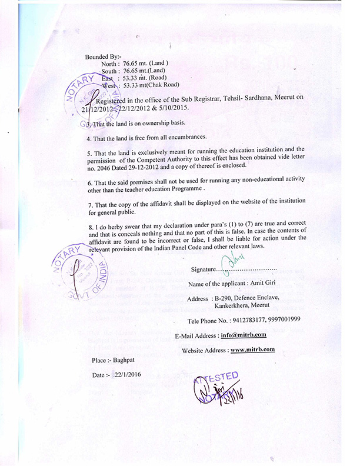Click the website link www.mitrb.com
tap(253, 349)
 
